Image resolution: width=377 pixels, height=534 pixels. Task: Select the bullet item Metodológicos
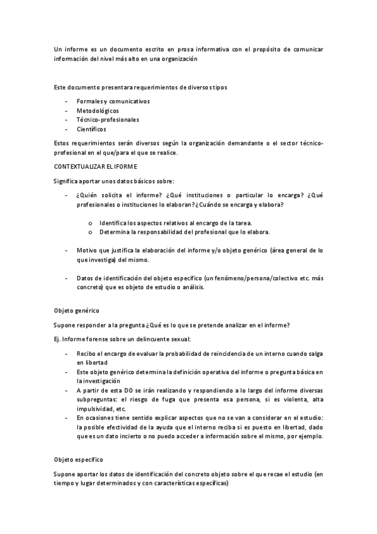[x=98, y=110]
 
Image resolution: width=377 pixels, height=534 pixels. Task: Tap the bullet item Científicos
[x=91, y=128]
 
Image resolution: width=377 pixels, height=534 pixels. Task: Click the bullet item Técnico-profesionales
[x=108, y=120]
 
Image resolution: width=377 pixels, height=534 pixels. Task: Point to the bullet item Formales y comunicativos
[x=113, y=101]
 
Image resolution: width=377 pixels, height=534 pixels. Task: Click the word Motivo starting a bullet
[x=87, y=250]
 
